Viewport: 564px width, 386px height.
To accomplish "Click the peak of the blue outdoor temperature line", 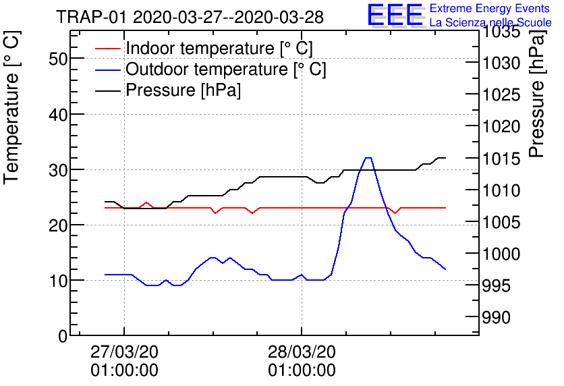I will point(368,158).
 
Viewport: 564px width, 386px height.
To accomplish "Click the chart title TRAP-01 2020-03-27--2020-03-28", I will point(190,17).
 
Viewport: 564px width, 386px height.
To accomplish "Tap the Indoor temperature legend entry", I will point(219,49).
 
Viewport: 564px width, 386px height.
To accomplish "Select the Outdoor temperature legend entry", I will point(225,70).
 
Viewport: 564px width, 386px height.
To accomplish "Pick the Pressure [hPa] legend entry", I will point(183,90).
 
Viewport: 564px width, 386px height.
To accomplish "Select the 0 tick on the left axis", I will point(64,335).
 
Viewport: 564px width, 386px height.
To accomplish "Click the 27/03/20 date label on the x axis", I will point(124,352).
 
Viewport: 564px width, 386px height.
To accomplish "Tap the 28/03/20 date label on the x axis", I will point(302,352).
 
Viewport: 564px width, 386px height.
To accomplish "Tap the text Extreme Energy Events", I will point(490,9).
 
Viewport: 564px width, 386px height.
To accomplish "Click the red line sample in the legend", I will point(107,49).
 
